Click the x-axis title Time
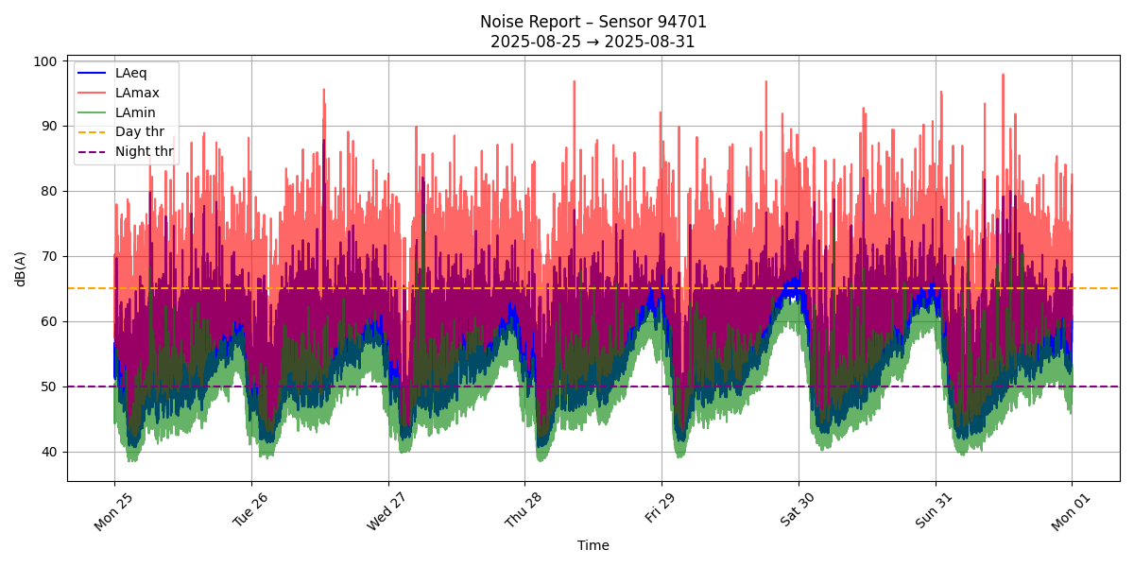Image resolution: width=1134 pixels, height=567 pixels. tap(593, 545)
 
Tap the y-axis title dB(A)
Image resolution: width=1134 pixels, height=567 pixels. tap(21, 268)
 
